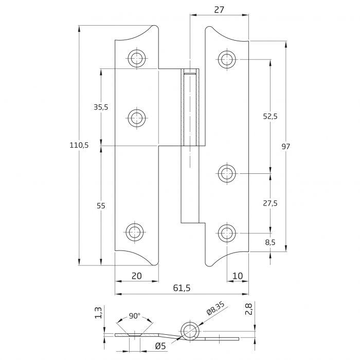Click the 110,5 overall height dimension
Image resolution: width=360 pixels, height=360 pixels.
point(79,146)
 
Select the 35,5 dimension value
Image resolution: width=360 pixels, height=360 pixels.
point(101,107)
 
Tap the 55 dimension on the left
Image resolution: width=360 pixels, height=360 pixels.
point(101,206)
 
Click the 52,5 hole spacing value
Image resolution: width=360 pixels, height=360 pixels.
point(270,117)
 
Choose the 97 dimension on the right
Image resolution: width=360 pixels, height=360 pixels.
point(286,147)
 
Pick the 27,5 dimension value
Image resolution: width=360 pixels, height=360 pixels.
point(270,204)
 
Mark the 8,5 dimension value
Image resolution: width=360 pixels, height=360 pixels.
point(270,242)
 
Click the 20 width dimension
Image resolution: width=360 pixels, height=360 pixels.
point(136,276)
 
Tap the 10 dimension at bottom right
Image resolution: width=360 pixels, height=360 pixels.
point(237,276)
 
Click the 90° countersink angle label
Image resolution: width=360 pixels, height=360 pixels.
point(135,315)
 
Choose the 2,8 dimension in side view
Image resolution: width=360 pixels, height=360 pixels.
point(249,309)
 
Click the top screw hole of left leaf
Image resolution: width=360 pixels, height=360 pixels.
point(136,58)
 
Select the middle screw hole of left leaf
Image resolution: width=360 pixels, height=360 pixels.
point(136,118)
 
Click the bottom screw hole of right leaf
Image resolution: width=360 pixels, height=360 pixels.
point(225,233)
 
